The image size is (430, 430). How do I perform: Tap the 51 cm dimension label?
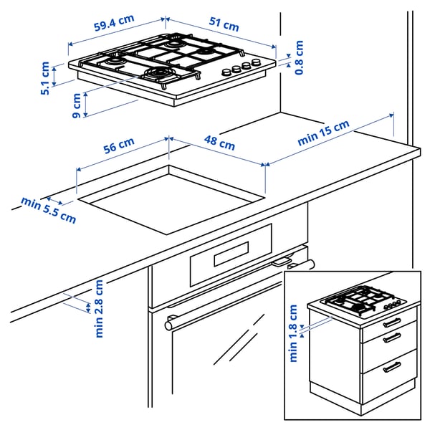coord(224,25)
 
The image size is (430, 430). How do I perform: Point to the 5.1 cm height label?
coord(45,78)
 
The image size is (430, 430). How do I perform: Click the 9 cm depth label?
coord(77,106)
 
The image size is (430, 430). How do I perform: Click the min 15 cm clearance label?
coord(323,134)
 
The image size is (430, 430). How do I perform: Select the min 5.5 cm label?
coord(48,209)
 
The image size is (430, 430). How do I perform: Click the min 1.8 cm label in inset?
coord(293,333)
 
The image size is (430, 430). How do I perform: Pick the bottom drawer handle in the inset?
coord(392,367)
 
